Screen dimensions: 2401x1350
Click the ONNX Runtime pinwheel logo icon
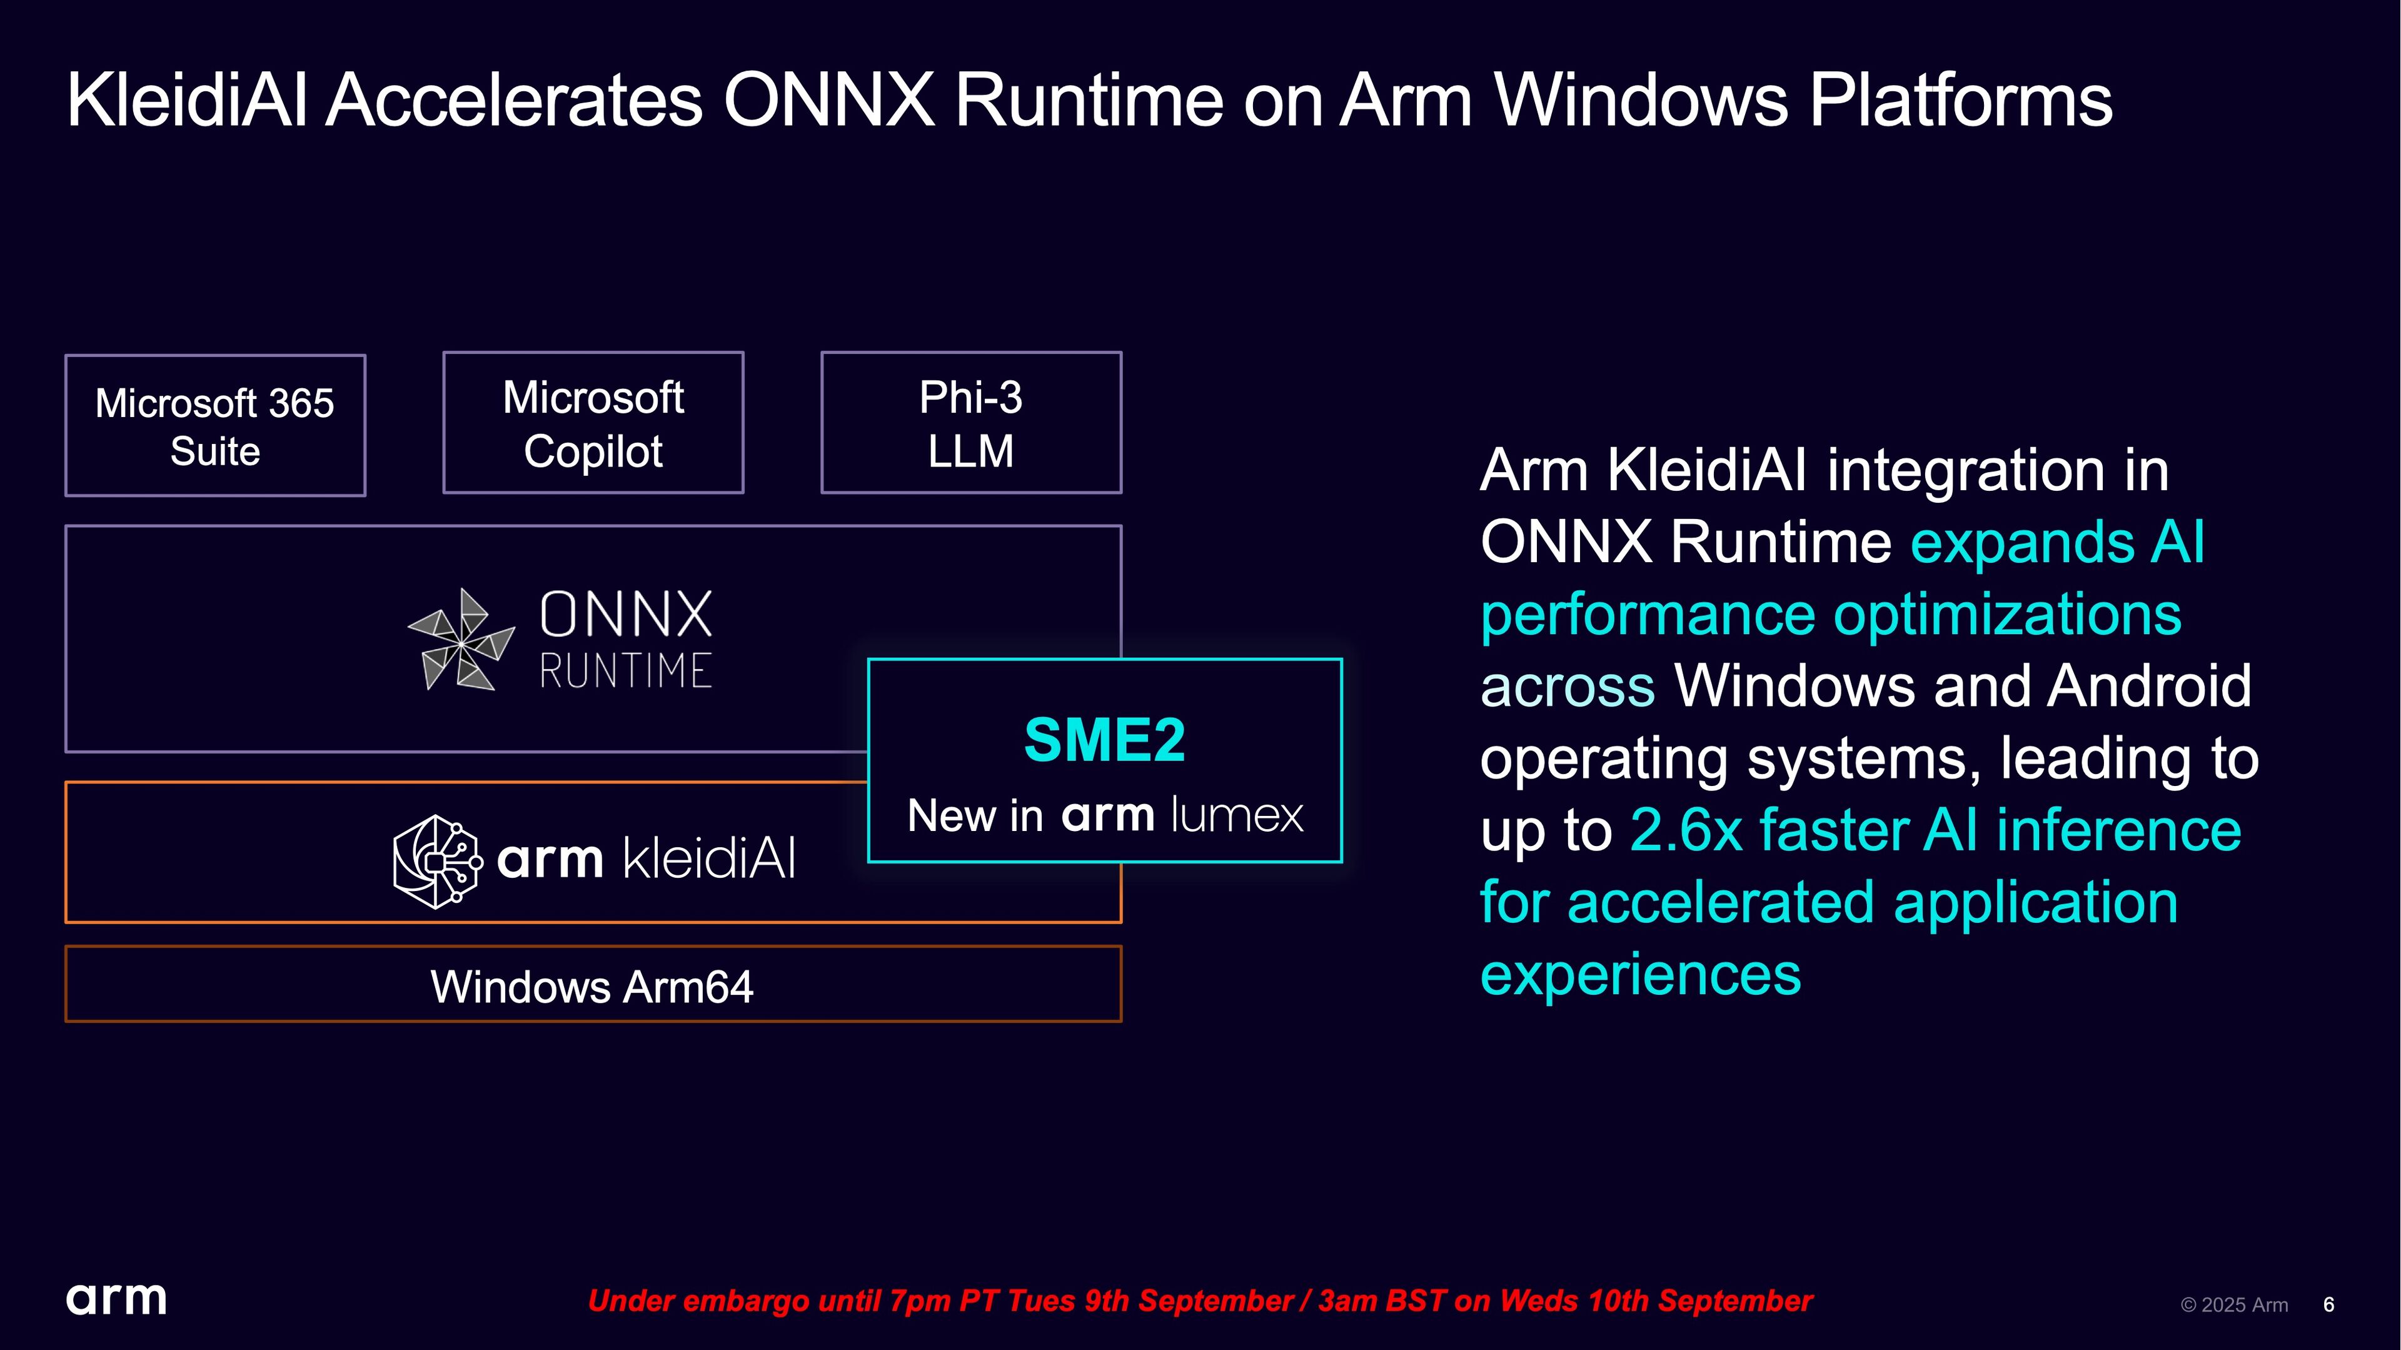click(461, 640)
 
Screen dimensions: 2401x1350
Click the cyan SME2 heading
click(1104, 740)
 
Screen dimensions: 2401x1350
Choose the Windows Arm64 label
click(592, 987)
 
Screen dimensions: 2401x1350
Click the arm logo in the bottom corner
click(116, 1299)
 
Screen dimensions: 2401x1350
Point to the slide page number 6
click(2328, 1304)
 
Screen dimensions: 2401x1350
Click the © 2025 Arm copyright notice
click(2234, 1304)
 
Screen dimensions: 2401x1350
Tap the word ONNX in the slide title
click(828, 100)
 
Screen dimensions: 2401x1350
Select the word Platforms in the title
click(1961, 100)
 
